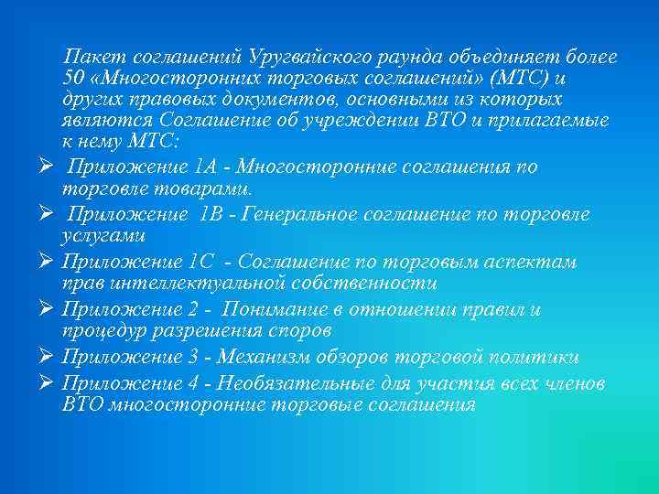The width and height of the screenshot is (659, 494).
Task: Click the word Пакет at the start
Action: click(x=91, y=58)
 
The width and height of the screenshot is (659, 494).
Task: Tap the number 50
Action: click(x=74, y=79)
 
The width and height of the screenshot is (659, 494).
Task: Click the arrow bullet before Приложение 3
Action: click(x=45, y=358)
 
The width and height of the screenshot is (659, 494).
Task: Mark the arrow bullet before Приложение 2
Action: click(x=45, y=310)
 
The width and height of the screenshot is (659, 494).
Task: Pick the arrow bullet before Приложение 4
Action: click(x=45, y=383)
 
